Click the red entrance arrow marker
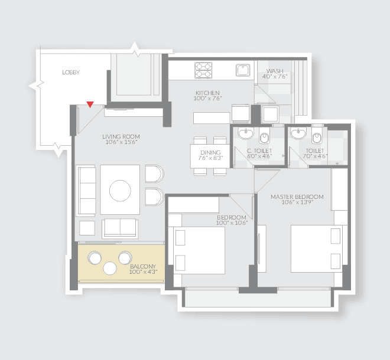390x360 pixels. tap(89, 105)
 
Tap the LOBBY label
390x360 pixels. tap(71, 73)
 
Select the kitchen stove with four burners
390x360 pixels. tap(203, 70)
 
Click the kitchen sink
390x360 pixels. tap(243, 70)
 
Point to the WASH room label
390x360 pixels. tap(275, 70)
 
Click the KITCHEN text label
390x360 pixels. tap(207, 93)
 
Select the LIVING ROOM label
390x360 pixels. tap(121, 137)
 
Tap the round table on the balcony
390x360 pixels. tap(110, 268)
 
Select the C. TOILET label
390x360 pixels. tap(258, 152)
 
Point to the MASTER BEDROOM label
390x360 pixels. tap(297, 196)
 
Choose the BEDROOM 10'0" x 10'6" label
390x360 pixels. tap(231, 219)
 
